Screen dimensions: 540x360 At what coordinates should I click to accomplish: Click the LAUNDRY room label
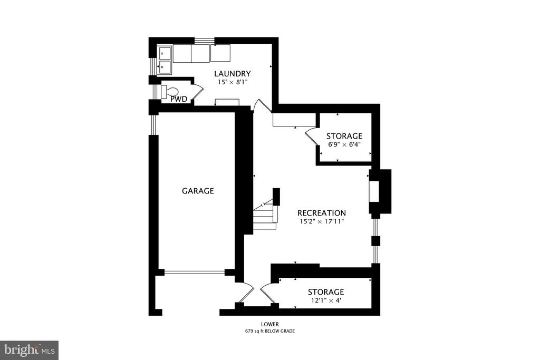pos(232,74)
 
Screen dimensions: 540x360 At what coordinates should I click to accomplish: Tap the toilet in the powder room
pos(170,92)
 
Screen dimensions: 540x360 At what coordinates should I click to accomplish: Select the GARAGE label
pos(198,191)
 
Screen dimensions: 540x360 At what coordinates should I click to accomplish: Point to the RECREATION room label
pos(322,213)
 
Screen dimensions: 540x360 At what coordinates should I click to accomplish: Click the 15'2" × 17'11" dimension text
pos(322,222)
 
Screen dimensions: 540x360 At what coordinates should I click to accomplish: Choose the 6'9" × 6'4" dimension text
pos(344,144)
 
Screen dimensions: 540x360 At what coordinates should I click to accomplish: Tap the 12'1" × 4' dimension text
pos(326,300)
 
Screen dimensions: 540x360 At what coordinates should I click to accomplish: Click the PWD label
pos(179,100)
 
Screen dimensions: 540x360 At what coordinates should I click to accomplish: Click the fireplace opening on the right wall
pos(374,191)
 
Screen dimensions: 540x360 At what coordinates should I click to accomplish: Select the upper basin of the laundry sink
pos(165,53)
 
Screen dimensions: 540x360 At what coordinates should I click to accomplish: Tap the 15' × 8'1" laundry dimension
pos(232,82)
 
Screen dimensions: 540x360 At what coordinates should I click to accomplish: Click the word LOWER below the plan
pos(269,324)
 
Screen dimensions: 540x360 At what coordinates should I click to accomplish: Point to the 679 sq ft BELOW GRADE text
pos(269,331)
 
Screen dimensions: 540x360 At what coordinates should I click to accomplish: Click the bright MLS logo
pos(30,350)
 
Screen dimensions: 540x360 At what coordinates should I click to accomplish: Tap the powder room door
pos(197,92)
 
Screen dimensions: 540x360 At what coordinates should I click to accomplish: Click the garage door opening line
pos(195,273)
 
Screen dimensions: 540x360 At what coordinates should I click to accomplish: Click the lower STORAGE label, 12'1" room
pos(326,292)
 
